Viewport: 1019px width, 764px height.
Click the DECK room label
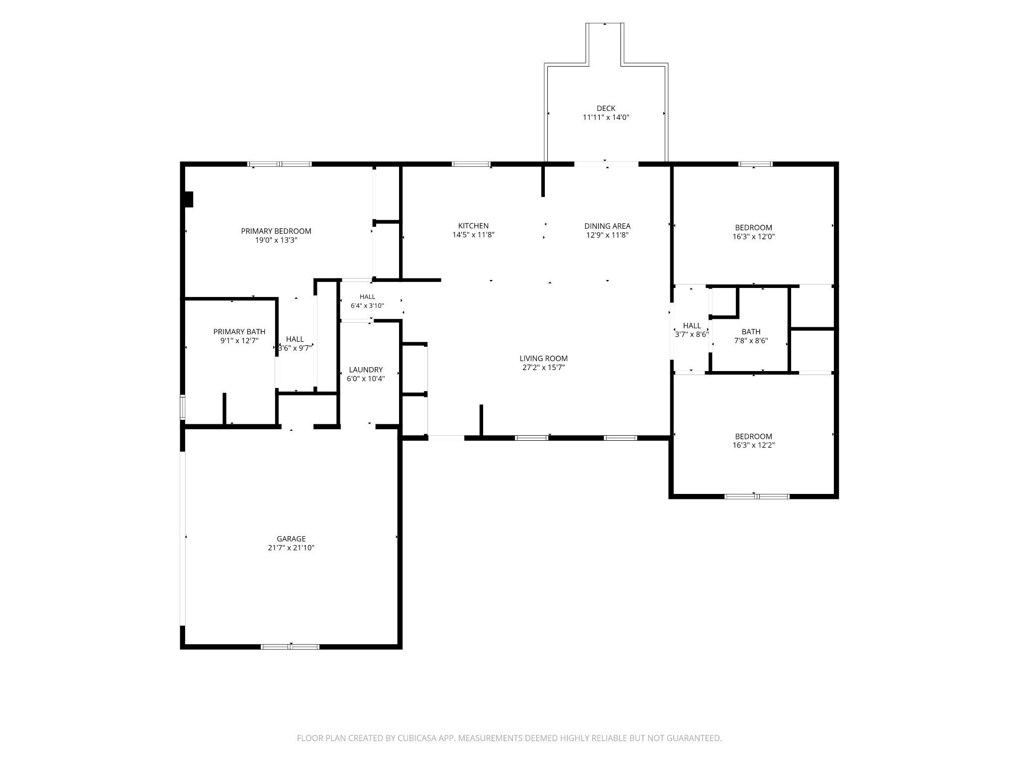click(x=606, y=108)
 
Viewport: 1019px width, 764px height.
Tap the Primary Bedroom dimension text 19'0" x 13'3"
click(x=276, y=240)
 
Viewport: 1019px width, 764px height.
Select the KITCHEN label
click(x=473, y=226)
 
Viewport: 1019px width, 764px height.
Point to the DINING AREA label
click(x=607, y=226)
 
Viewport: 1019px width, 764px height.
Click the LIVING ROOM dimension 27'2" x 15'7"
click(x=543, y=368)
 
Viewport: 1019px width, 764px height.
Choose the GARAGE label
click(x=291, y=539)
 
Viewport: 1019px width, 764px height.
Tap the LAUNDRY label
click(x=366, y=370)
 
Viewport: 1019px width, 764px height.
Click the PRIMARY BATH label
click(x=239, y=332)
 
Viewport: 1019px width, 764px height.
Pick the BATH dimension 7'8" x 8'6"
click(x=751, y=341)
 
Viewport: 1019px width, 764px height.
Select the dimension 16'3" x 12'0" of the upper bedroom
click(x=753, y=237)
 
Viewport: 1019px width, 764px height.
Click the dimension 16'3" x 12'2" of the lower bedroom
click(x=753, y=446)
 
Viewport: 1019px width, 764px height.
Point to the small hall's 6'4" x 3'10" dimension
click(x=367, y=306)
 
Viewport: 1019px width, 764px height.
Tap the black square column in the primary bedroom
click(x=189, y=199)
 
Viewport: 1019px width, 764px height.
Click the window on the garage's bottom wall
click(x=290, y=647)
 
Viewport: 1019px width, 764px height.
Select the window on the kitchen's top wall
click(x=471, y=164)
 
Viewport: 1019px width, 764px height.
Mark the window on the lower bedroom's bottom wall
click(x=757, y=496)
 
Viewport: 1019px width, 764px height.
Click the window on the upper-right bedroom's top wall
click(x=755, y=164)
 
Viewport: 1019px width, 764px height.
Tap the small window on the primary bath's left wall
click(x=183, y=407)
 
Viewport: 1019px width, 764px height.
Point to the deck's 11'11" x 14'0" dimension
click(x=606, y=117)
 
